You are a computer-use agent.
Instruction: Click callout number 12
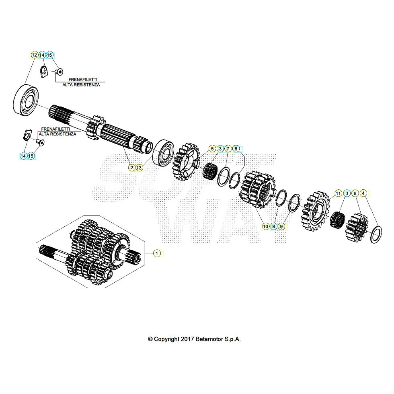click(34, 55)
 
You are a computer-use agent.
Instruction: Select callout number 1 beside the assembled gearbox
click(157, 253)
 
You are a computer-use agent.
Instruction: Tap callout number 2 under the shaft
click(132, 168)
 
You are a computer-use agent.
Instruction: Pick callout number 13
click(140, 168)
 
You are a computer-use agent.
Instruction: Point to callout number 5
click(212, 149)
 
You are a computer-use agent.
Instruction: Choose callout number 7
click(228, 149)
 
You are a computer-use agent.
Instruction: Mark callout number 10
click(265, 226)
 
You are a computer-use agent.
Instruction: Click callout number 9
click(281, 226)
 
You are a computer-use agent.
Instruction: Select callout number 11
click(339, 193)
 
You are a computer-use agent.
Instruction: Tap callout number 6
click(355, 193)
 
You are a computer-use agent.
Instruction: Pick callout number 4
click(363, 193)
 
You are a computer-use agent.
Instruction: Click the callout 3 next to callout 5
click(220, 149)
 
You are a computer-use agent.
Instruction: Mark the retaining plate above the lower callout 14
click(26, 134)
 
